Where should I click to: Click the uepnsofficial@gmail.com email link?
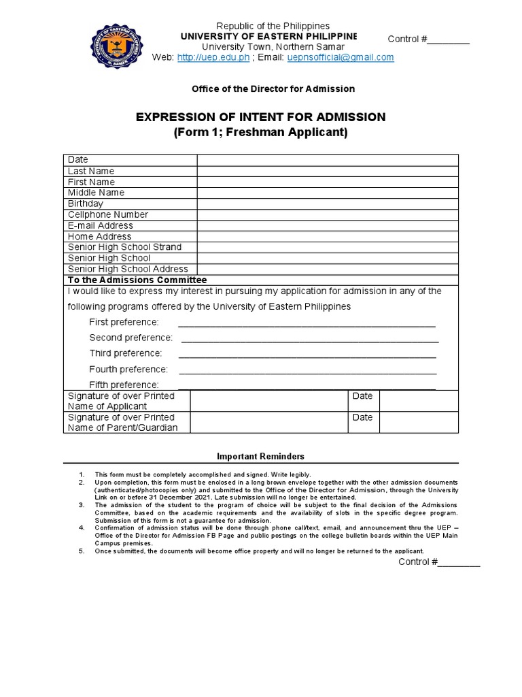(341, 58)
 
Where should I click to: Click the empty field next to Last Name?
(328, 171)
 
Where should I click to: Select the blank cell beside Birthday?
(328, 204)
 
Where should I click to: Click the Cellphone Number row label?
(108, 214)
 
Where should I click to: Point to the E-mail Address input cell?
(328, 225)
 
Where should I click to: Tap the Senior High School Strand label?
(124, 247)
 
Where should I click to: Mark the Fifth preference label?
(124, 385)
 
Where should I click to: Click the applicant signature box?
(268, 401)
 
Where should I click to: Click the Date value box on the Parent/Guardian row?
(419, 423)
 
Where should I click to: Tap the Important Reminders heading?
(260, 456)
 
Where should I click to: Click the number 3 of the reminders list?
(81, 505)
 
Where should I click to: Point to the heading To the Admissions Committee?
(137, 280)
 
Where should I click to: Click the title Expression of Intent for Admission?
(260, 117)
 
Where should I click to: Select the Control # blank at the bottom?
(459, 563)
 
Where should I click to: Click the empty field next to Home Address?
(328, 236)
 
